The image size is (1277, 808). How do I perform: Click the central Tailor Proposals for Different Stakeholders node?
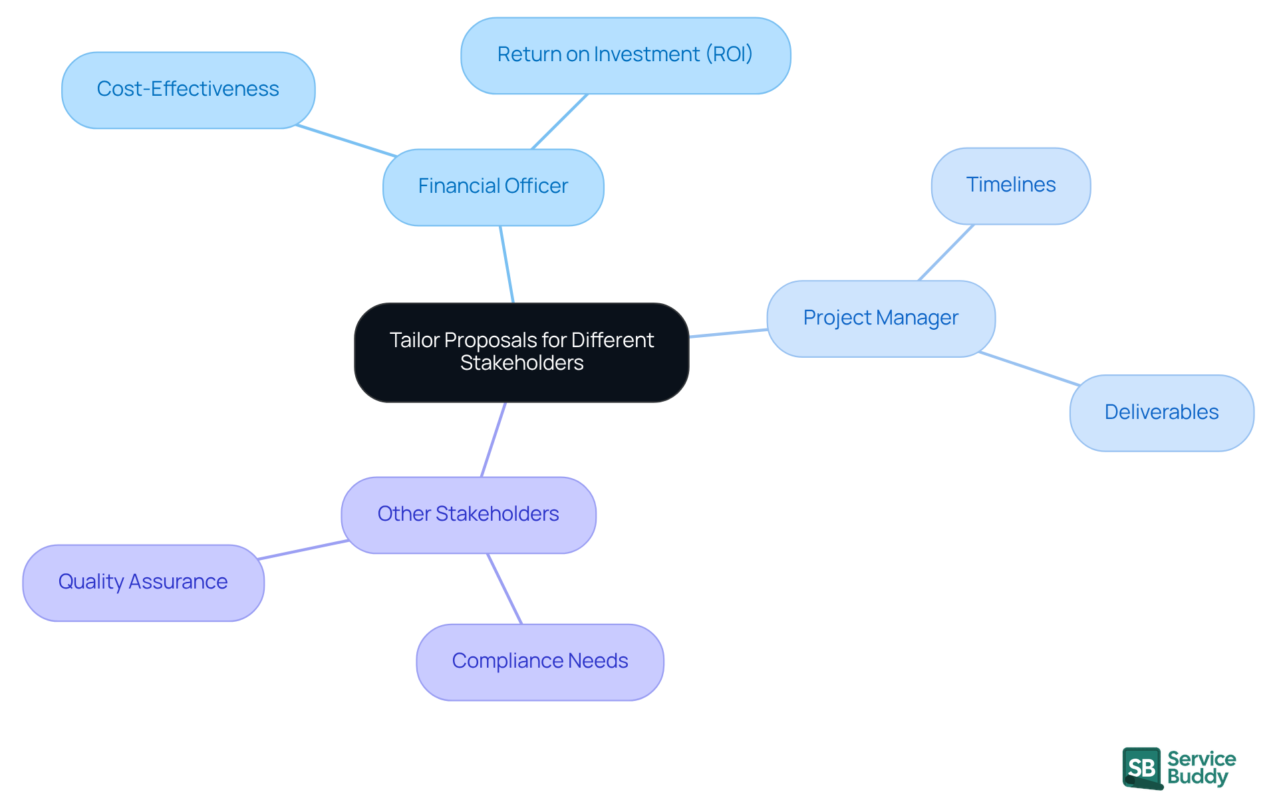click(521, 352)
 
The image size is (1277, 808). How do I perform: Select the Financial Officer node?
click(493, 186)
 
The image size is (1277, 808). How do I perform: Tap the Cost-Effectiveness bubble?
click(188, 90)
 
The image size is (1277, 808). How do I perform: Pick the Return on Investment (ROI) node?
click(625, 55)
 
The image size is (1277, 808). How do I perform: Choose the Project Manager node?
click(881, 318)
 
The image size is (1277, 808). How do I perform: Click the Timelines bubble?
click(1010, 186)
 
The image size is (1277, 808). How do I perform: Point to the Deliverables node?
click(1161, 412)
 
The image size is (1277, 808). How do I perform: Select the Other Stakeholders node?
click(468, 514)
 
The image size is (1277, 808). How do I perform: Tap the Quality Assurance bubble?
click(143, 582)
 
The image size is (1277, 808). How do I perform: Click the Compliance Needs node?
click(539, 661)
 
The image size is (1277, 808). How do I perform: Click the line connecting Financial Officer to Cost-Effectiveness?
click(346, 140)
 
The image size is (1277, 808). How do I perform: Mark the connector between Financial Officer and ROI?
click(559, 121)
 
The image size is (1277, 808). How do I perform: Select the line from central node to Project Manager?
click(728, 333)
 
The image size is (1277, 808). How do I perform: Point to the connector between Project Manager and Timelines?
click(946, 252)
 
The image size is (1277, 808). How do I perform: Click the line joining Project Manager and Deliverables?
click(1029, 368)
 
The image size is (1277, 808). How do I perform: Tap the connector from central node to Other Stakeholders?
click(494, 439)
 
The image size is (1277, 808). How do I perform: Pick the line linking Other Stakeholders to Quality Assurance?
click(303, 550)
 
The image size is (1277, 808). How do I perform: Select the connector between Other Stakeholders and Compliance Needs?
click(504, 588)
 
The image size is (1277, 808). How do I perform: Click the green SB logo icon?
click(1142, 767)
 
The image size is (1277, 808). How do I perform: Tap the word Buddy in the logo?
click(1198, 777)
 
